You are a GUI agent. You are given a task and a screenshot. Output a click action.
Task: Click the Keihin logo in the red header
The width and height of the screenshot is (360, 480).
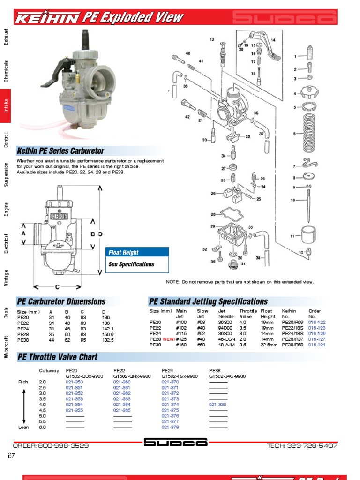pyautogui.click(x=47, y=18)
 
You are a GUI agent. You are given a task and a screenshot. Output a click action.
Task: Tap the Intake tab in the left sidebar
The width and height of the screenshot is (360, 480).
pyautogui.click(x=6, y=104)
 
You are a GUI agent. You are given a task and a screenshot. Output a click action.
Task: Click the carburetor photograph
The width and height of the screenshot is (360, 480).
pyautogui.click(x=84, y=89)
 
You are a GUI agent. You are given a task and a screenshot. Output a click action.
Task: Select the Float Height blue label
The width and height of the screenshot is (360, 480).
pyautogui.click(x=124, y=253)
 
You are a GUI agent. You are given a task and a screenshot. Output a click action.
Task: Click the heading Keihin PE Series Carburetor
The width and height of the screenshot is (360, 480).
pyautogui.click(x=60, y=151)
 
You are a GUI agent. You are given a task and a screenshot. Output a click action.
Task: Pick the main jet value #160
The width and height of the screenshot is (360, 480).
pyautogui.click(x=181, y=345)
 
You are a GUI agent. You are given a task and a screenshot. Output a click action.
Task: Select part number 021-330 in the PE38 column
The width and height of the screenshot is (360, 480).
pyautogui.click(x=217, y=405)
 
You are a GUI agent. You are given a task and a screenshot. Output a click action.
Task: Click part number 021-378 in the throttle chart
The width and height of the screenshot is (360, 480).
pyautogui.click(x=170, y=427)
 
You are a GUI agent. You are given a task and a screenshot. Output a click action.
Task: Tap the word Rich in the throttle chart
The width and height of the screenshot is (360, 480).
pyautogui.click(x=23, y=382)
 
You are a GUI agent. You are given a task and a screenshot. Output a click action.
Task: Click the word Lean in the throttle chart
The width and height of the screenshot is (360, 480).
pyautogui.click(x=23, y=427)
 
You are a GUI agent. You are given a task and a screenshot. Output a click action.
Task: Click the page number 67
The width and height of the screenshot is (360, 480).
pyautogui.click(x=12, y=456)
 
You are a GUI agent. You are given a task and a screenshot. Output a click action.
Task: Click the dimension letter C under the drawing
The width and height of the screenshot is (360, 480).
pyautogui.click(x=58, y=287)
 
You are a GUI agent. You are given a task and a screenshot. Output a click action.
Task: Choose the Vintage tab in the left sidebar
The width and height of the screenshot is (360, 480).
pyautogui.click(x=6, y=278)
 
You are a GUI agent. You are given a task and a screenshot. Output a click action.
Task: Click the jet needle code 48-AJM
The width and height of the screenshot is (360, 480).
pyautogui.click(x=227, y=345)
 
